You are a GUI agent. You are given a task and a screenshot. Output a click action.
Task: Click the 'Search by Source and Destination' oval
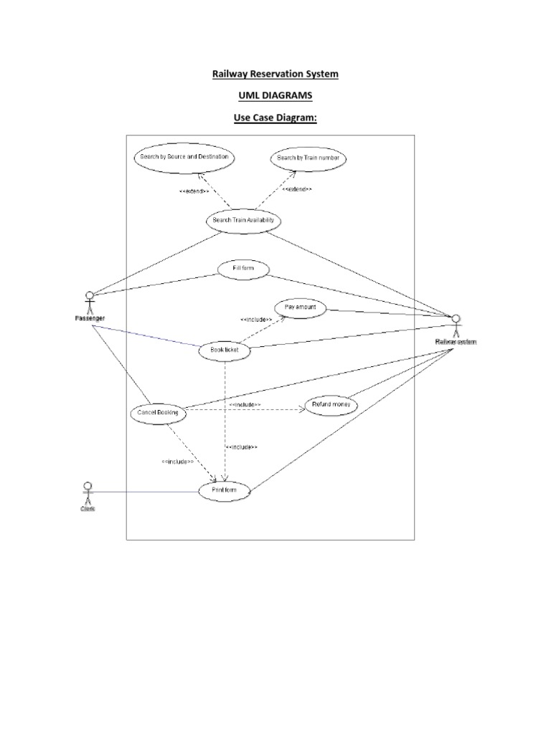click(184, 156)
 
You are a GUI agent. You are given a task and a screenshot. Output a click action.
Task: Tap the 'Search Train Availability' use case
click(243, 221)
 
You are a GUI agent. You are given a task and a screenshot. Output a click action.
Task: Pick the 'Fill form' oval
click(243, 270)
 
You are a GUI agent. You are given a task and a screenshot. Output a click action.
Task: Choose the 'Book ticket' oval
click(225, 350)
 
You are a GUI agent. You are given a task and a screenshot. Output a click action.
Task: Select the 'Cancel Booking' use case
click(158, 413)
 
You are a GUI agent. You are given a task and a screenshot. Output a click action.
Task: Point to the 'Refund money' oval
click(331, 406)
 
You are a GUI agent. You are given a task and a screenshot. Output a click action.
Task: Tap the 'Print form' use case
click(225, 491)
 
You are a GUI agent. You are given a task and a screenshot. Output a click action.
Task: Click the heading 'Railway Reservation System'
click(275, 74)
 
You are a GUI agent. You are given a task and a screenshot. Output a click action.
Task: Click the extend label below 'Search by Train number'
click(296, 189)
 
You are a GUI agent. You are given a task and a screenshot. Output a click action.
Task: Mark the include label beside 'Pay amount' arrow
click(255, 319)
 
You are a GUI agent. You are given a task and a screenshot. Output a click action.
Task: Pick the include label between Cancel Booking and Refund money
click(245, 405)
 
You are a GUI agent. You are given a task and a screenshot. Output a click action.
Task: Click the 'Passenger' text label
click(90, 318)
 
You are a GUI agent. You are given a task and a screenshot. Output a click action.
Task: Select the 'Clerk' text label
click(88, 509)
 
